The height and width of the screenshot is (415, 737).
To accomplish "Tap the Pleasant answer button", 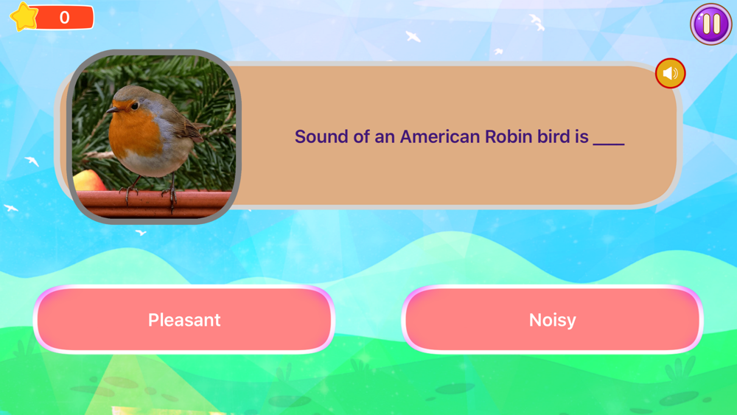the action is tap(184, 319).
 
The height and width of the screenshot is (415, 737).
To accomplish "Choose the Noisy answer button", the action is tap(552, 319).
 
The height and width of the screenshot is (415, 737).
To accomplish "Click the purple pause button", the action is tap(711, 24).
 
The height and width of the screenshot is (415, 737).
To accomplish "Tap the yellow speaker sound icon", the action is tap(670, 73).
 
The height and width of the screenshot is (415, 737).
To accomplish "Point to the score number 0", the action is tap(64, 18).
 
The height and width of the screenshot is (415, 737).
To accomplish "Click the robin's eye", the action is tap(135, 105).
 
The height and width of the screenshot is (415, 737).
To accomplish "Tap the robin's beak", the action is tap(113, 110).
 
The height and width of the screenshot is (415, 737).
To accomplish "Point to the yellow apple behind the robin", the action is tap(88, 181).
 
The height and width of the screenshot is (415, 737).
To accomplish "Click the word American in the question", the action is tap(440, 137).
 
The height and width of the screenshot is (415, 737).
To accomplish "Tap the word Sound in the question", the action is tap(322, 137).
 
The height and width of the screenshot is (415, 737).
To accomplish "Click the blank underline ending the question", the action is tap(609, 144).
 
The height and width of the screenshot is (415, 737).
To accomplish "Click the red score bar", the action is tap(63, 18).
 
